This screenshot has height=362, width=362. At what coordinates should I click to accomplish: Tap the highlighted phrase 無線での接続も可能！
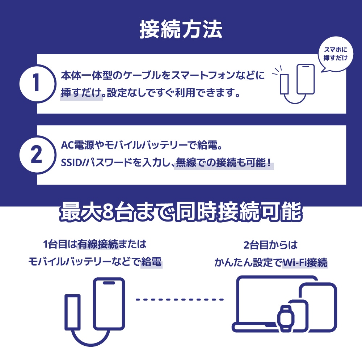223,163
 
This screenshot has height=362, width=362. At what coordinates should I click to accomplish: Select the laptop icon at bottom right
264,304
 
